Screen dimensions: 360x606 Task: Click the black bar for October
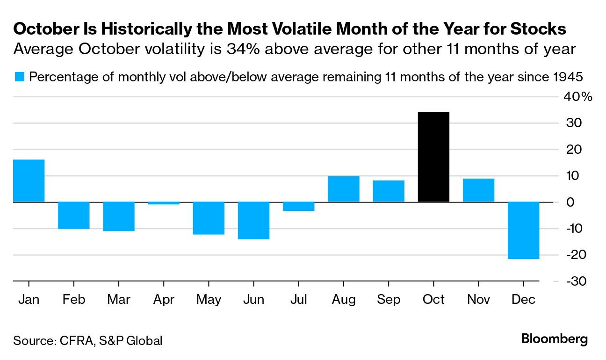433,157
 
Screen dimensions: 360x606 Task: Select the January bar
29,181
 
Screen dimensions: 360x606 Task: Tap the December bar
523,230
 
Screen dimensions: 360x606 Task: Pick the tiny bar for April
164,203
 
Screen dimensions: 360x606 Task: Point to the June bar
253,220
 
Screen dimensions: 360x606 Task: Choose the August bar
344,189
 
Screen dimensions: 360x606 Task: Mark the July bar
298,206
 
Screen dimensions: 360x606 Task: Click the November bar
478,190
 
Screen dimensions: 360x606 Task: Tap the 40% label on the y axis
579,97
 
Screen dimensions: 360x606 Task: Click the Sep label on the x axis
388,299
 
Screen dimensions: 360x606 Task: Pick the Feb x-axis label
74,299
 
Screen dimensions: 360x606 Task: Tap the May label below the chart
209,300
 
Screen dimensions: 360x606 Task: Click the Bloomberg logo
555,339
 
